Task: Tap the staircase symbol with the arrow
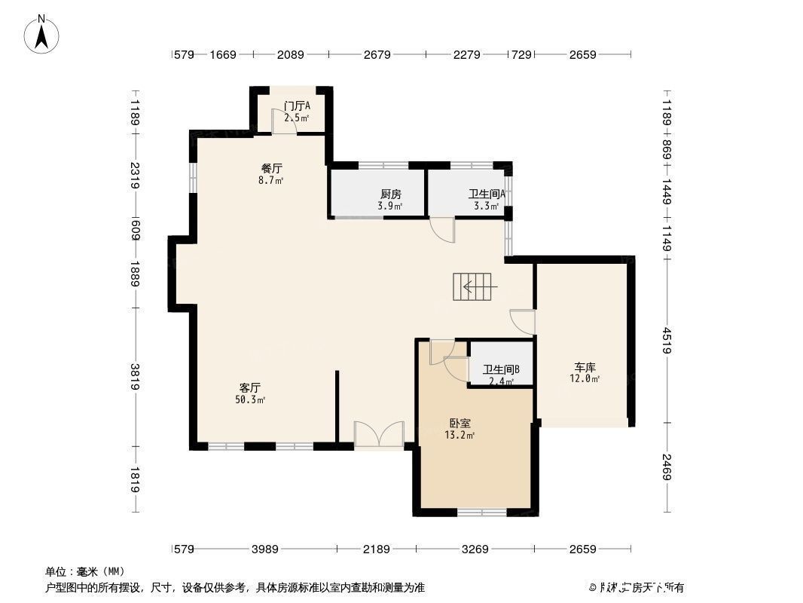click(472, 286)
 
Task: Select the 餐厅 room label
click(272, 169)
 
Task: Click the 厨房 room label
click(390, 194)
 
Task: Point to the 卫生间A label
click(487, 194)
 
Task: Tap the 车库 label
click(585, 367)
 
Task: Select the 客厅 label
click(250, 387)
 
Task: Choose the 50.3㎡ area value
click(250, 399)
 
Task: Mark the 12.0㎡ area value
click(585, 379)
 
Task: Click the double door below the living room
click(379, 436)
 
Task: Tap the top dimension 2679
click(377, 54)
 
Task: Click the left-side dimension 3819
click(135, 376)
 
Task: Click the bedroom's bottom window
click(482, 513)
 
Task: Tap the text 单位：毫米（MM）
click(85, 571)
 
